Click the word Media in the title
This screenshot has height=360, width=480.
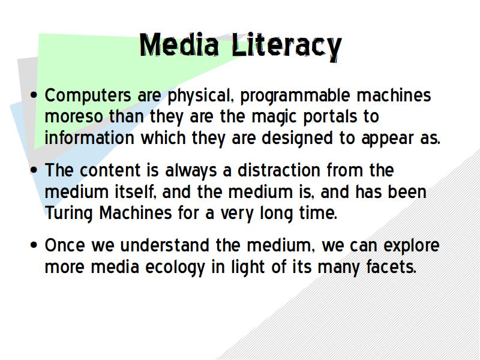[179, 45]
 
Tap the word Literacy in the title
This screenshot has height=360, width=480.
[287, 47]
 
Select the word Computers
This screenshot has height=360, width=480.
[88, 95]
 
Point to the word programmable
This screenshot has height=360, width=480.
[295, 96]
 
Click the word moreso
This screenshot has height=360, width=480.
[74, 117]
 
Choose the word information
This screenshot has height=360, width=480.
[89, 138]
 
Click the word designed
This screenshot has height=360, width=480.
[297, 139]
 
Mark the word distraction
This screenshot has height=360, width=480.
[278, 170]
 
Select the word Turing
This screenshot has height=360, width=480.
[68, 214]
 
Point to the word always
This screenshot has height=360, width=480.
[191, 171]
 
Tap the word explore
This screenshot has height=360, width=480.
[412, 246]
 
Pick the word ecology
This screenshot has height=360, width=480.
[175, 268]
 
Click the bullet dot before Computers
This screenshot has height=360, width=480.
[34, 95]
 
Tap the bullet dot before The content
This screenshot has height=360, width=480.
[34, 170]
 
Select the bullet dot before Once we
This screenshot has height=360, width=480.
[34, 245]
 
